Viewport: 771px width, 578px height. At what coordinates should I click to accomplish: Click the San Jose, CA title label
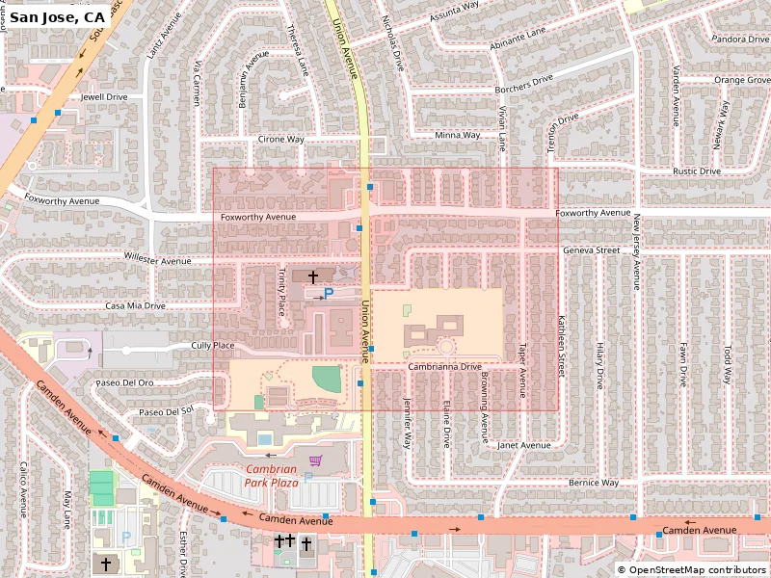coord(57,17)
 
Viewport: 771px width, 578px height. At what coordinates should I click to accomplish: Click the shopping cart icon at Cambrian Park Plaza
coord(315,460)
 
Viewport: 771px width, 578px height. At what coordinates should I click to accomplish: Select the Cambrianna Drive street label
coord(443,367)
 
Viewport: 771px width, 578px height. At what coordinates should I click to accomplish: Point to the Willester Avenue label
coord(158,260)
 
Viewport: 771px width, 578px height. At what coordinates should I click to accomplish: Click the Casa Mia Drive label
coord(136,305)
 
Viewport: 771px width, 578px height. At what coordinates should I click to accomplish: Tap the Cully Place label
coord(213,345)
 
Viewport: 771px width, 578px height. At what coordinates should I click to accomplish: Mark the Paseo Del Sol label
coord(167,411)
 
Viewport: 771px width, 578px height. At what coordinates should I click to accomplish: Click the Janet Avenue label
coord(523,445)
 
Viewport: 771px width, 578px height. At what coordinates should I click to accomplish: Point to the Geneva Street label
coord(591,250)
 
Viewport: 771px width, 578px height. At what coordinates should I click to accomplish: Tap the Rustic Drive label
coord(696,171)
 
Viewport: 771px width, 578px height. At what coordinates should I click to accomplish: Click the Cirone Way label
coord(280,140)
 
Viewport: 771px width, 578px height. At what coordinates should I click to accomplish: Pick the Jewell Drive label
coord(104,97)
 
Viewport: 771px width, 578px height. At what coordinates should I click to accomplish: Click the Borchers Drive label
coord(524,83)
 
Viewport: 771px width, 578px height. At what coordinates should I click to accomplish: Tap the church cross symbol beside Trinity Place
coord(313,276)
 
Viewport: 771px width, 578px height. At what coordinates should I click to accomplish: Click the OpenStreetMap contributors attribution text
coord(692,570)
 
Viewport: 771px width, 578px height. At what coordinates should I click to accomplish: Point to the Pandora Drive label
coord(739,39)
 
